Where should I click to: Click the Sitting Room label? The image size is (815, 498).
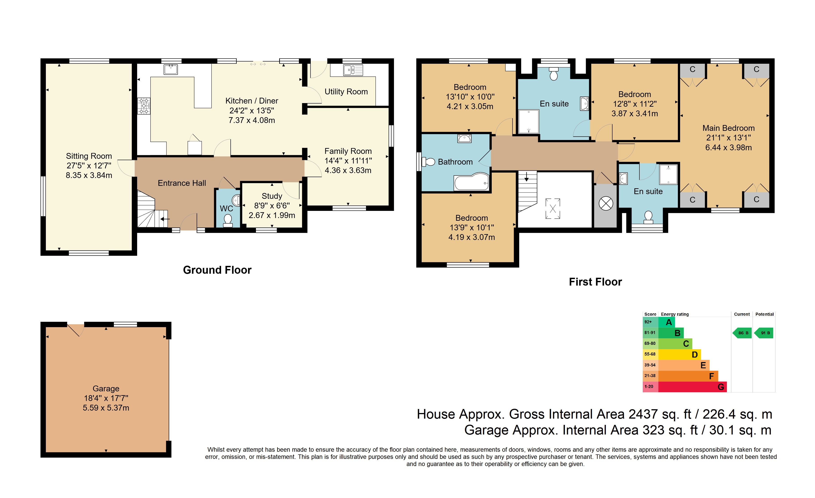click(x=89, y=156)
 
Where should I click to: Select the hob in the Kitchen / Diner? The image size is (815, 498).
click(x=144, y=106)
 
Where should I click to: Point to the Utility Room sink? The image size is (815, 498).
click(x=353, y=70)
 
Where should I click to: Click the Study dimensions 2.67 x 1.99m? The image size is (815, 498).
click(x=272, y=215)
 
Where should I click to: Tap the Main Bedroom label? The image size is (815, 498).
click(x=728, y=128)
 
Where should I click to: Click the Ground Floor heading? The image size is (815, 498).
click(x=217, y=270)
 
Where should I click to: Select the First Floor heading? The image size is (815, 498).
click(x=595, y=282)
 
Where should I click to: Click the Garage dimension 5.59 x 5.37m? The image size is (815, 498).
click(x=106, y=408)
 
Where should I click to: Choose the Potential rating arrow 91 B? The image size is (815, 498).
click(x=764, y=333)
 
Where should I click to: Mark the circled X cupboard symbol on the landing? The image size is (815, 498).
click(x=606, y=203)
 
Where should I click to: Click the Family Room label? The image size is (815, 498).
click(x=348, y=151)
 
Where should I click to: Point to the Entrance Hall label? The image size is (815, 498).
click(x=182, y=183)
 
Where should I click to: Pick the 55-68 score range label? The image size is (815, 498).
click(x=650, y=354)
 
